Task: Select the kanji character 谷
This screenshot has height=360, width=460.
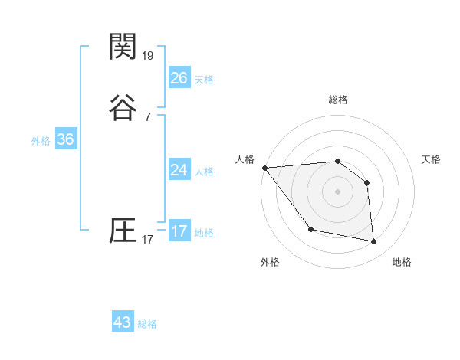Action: (x=123, y=108)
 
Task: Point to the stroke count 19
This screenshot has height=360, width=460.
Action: (x=148, y=56)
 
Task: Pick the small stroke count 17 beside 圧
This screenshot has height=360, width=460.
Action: (x=147, y=240)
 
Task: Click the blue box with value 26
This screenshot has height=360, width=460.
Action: (x=179, y=77)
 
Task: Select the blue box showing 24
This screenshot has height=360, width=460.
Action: (x=179, y=170)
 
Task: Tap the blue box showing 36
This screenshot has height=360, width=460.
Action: (x=65, y=139)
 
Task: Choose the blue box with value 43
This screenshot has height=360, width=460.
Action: (x=123, y=322)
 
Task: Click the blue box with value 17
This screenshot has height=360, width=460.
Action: (x=179, y=231)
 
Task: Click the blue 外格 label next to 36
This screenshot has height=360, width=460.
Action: (x=41, y=141)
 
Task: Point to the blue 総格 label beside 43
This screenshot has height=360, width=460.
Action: (x=147, y=324)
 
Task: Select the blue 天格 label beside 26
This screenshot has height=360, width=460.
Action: (x=204, y=80)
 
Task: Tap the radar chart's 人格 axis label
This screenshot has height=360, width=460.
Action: (x=245, y=159)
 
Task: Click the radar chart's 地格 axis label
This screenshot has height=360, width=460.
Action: (x=402, y=262)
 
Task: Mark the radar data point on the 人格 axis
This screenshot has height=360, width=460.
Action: (x=264, y=168)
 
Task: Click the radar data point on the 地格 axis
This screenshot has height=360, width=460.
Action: (x=374, y=242)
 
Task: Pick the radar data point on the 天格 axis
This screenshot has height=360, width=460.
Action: (x=366, y=182)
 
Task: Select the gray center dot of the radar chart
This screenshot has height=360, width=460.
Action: (x=337, y=191)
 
